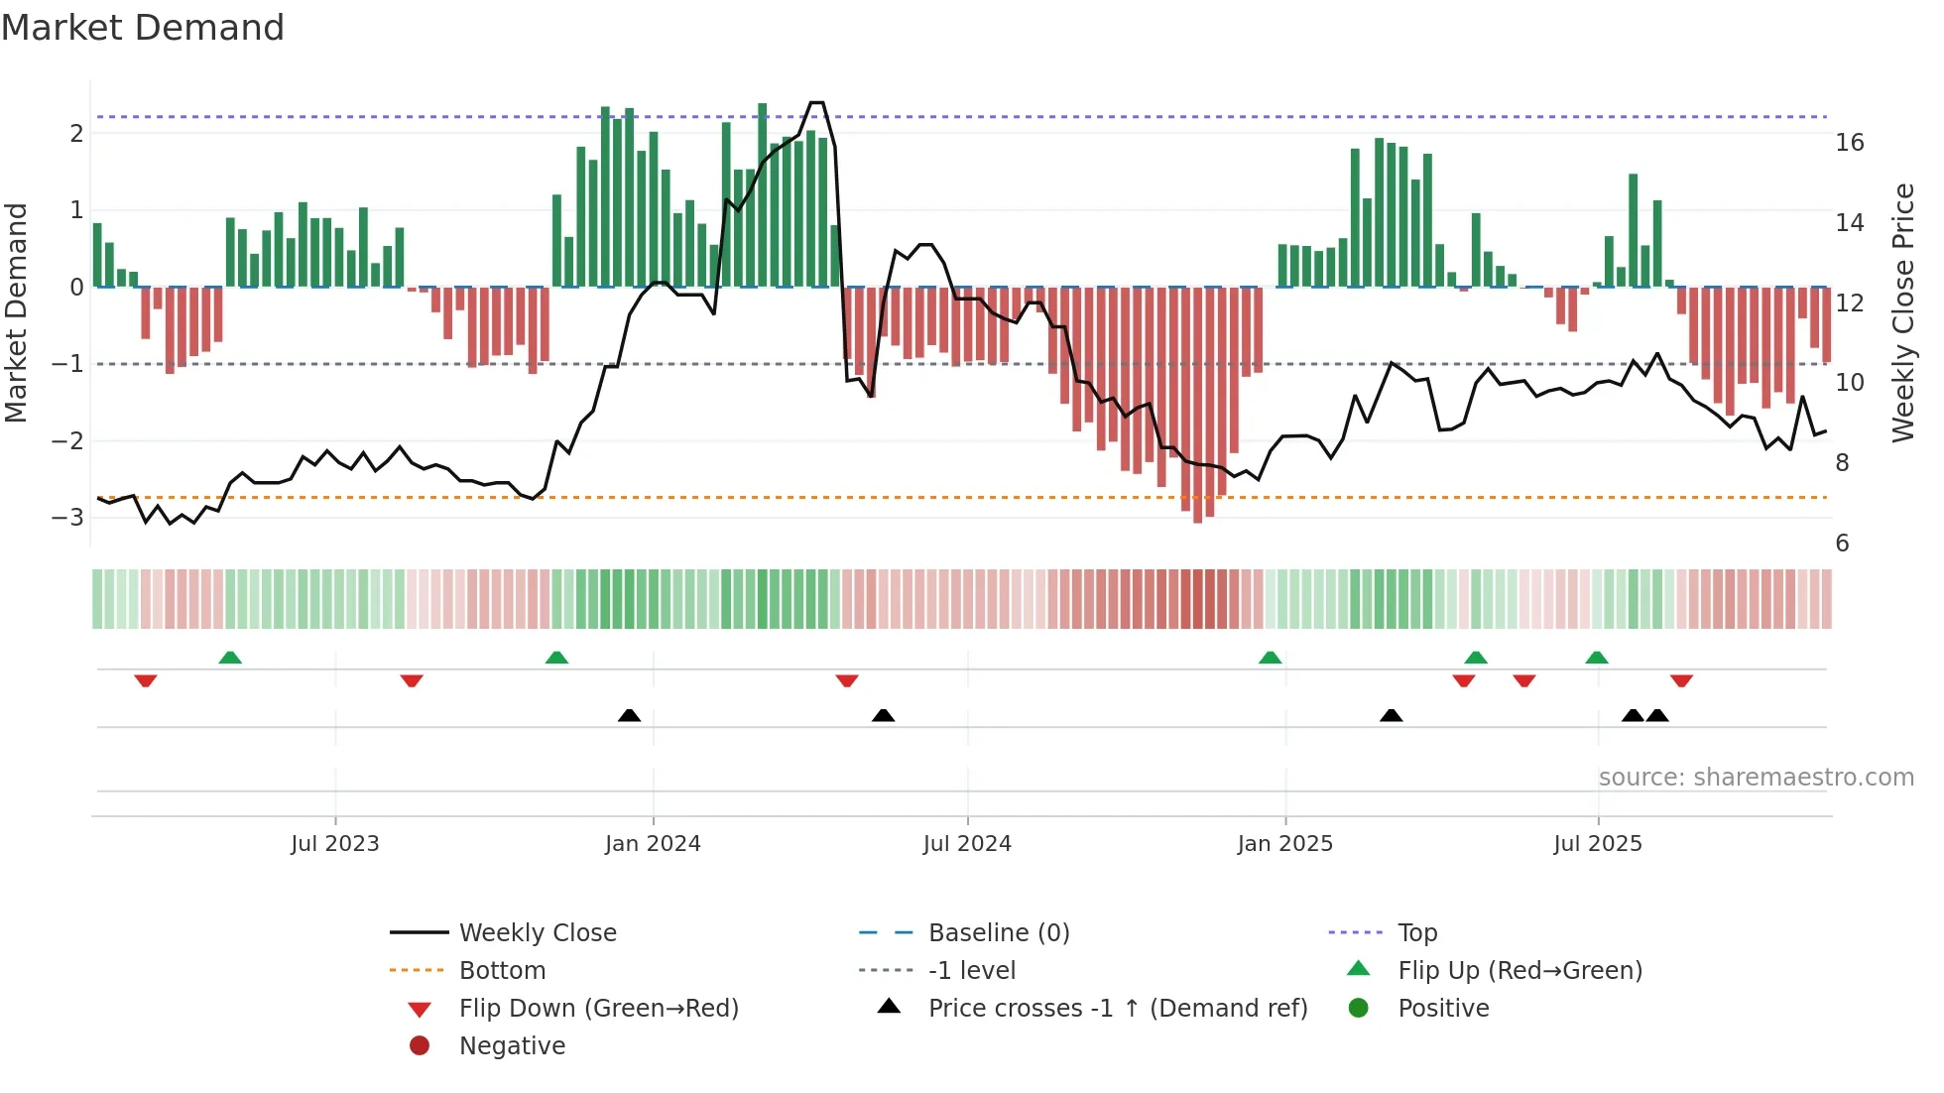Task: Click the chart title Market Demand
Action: [x=143, y=28]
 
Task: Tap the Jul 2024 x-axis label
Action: [x=967, y=844]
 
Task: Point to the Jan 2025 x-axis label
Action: [x=1284, y=844]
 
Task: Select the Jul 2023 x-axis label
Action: [x=335, y=844]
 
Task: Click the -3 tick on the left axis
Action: [x=69, y=517]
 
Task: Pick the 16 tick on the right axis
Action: [x=1849, y=143]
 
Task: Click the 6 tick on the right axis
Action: [x=1842, y=544]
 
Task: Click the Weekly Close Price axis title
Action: [x=1902, y=312]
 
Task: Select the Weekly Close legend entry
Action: [x=537, y=933]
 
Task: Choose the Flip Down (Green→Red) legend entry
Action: [x=598, y=1009]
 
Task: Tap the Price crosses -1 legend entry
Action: [x=1117, y=1009]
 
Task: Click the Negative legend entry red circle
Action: [x=420, y=1046]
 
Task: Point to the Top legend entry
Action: [x=1416, y=933]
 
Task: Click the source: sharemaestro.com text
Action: [x=1756, y=778]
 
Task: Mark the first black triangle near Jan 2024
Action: [x=629, y=715]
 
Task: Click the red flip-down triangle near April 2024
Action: [x=847, y=680]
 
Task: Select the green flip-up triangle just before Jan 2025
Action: [x=1270, y=658]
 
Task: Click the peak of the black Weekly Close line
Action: [x=817, y=103]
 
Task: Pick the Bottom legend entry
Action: [x=502, y=971]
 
